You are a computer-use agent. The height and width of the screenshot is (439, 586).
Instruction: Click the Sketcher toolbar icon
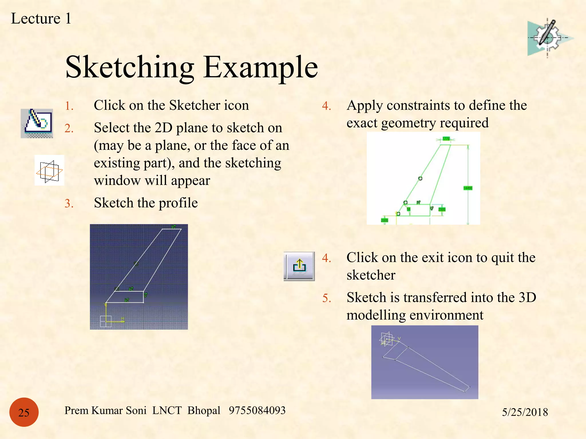37,123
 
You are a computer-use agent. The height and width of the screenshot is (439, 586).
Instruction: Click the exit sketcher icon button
299,266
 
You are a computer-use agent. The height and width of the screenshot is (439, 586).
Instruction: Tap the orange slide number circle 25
24,412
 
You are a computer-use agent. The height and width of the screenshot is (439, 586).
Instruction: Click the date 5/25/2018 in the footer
525,412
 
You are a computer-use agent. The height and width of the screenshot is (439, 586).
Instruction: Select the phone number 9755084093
257,410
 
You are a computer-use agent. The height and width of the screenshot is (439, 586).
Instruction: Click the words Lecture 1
41,19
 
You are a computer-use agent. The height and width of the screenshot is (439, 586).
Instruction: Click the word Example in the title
261,67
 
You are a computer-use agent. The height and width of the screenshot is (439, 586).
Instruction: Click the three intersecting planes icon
49,171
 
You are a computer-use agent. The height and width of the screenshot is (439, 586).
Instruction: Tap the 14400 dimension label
468,188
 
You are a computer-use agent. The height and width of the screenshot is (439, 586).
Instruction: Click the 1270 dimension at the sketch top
446,139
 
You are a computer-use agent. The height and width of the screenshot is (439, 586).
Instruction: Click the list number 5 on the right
326,298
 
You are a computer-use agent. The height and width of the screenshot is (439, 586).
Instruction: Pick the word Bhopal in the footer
204,410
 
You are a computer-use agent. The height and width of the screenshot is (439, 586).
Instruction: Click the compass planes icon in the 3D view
387,339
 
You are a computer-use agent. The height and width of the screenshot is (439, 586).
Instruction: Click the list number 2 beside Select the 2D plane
69,129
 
